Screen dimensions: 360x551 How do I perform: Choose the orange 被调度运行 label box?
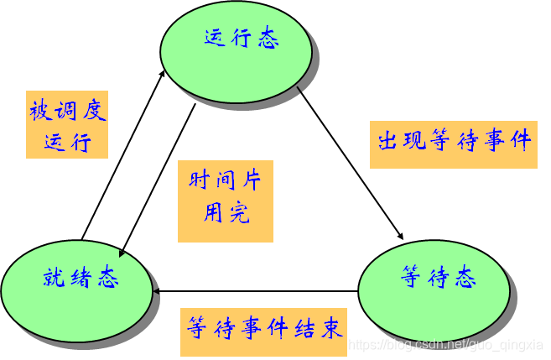[67, 124]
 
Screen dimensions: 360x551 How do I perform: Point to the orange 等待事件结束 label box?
[264, 328]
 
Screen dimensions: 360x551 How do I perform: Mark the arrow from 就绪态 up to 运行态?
[122, 155]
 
